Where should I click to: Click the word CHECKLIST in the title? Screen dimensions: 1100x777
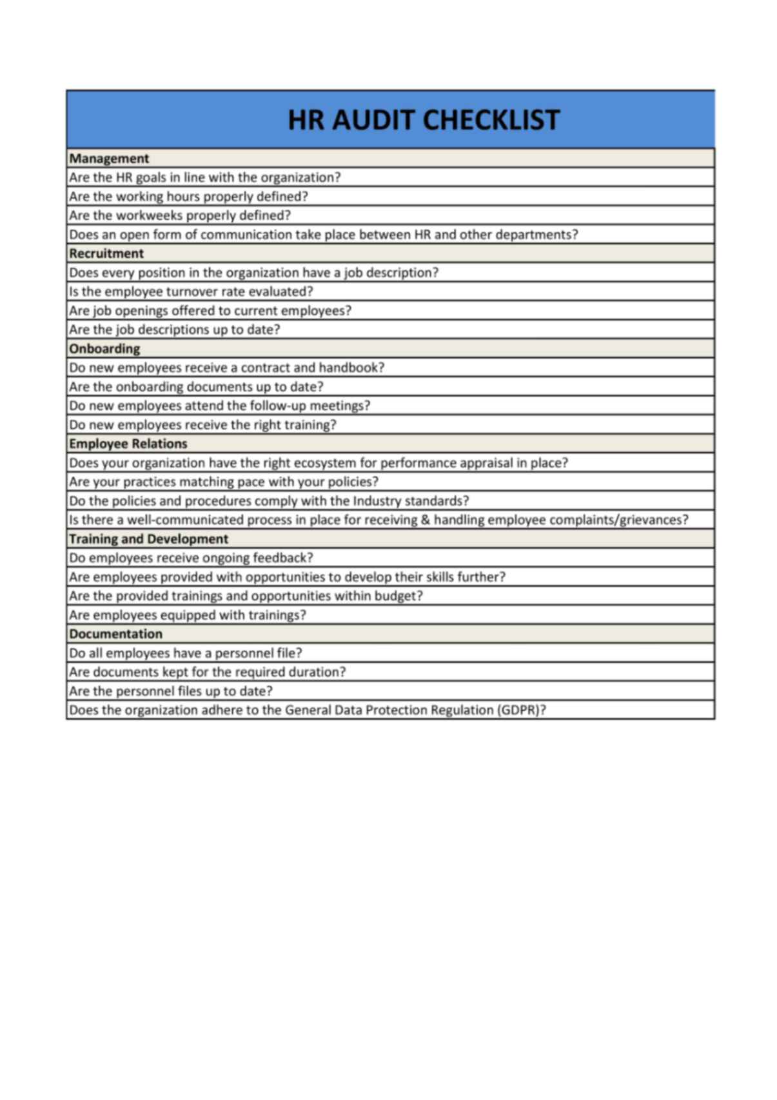(x=491, y=120)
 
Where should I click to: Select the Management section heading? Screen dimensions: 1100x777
(x=109, y=159)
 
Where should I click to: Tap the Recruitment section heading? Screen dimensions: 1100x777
(x=106, y=253)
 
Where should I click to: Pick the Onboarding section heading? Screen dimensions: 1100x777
(x=104, y=349)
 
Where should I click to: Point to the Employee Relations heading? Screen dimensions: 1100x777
(x=128, y=444)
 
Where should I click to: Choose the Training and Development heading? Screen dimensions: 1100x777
(x=149, y=539)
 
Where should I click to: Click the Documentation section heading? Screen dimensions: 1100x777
(x=116, y=634)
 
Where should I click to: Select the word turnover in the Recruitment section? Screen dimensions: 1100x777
(x=192, y=291)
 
